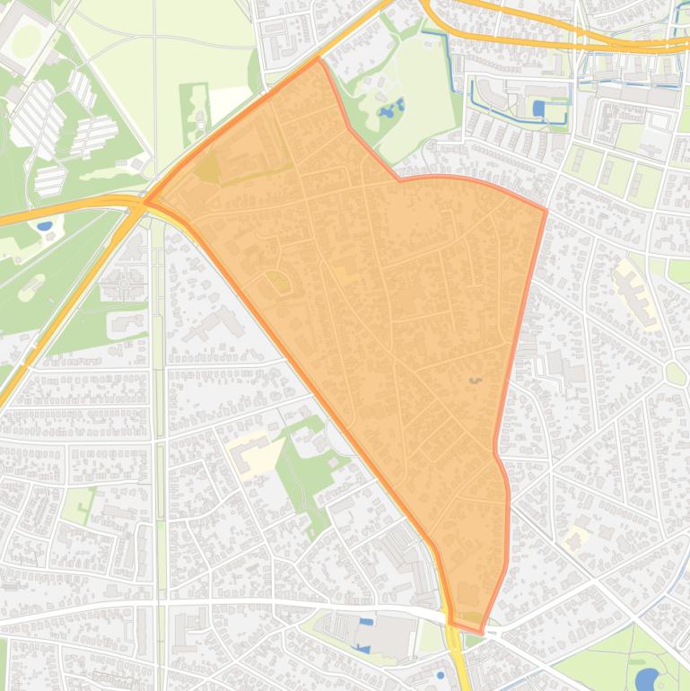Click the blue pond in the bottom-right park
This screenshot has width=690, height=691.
(646, 678)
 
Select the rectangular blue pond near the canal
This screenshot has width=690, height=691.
(538, 109)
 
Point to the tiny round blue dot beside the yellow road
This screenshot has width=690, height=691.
(441, 675)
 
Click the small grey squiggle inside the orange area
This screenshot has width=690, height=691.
(475, 380)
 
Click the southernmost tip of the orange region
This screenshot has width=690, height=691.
(481, 633)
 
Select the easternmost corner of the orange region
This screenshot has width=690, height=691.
(546, 211)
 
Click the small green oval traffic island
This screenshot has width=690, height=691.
(675, 373)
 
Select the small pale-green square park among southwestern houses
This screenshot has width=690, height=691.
(79, 504)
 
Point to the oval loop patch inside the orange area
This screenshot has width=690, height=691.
(279, 283)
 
